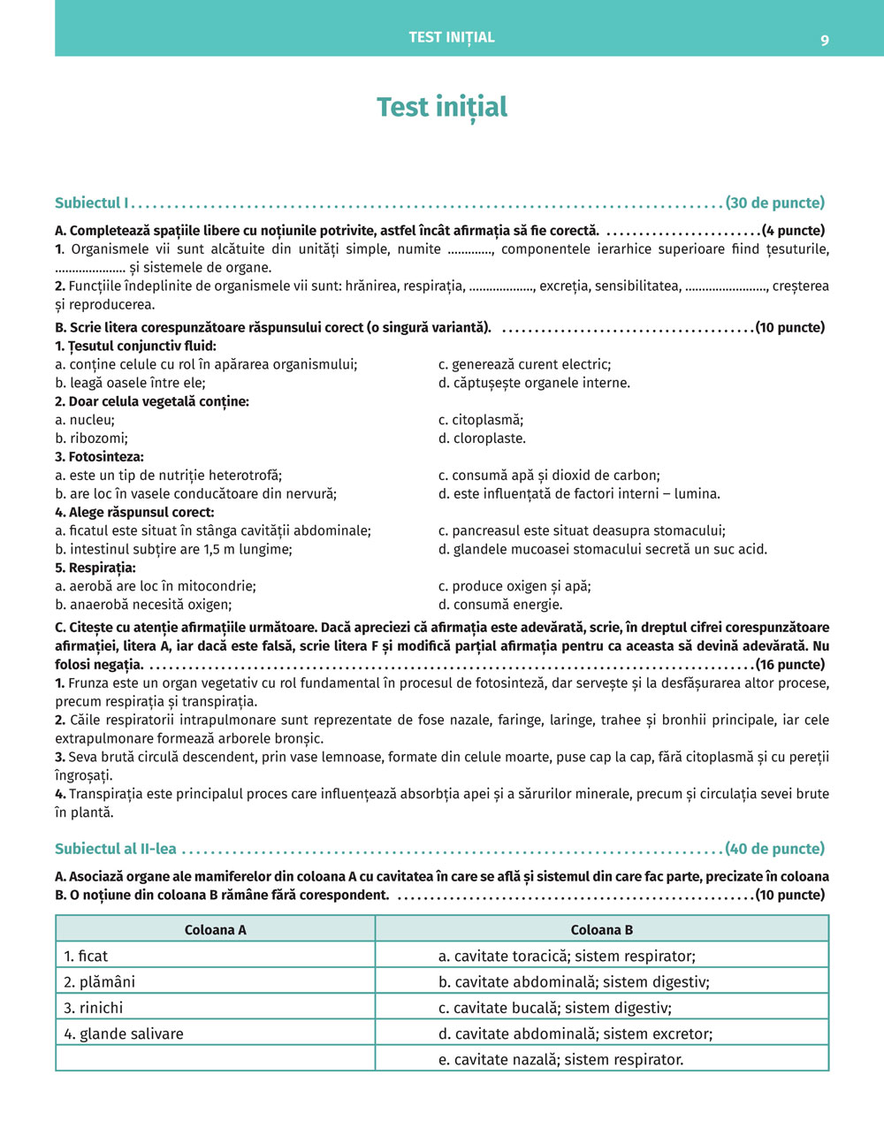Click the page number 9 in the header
[x=824, y=40]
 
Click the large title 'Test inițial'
[x=442, y=107]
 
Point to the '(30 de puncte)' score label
[x=774, y=203]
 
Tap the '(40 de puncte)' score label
[x=774, y=849]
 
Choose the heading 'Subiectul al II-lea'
[x=116, y=849]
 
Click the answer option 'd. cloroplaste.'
[x=482, y=438]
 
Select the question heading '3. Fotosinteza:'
[x=99, y=457]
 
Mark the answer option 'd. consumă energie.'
[x=500, y=605]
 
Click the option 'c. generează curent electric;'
[x=524, y=364]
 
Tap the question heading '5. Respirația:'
[x=95, y=568]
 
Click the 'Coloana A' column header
[x=215, y=930]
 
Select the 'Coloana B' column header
[x=601, y=930]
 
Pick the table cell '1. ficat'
[x=86, y=956]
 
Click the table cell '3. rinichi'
[x=93, y=1008]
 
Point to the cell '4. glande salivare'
[x=124, y=1033]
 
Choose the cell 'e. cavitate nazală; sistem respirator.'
[x=560, y=1059]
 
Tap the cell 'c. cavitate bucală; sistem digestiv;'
[x=554, y=1008]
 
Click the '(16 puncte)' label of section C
[x=789, y=665]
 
